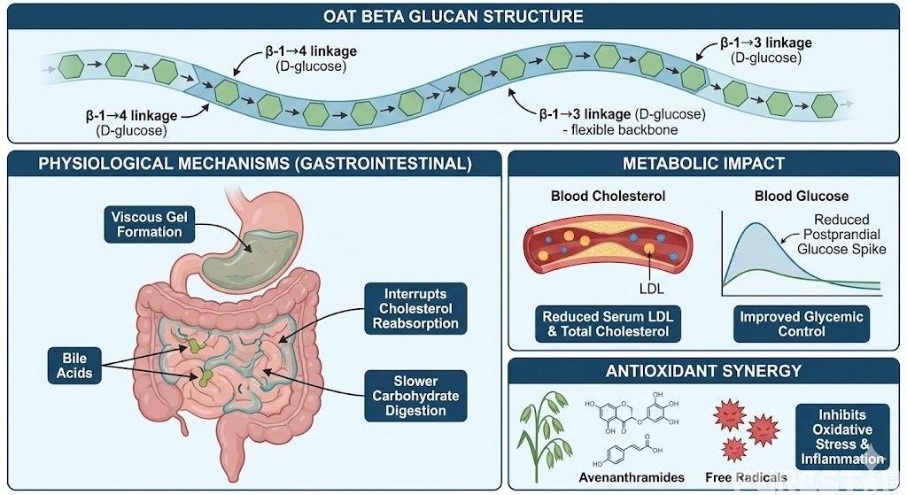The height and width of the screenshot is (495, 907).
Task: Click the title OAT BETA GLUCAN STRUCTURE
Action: pos(453,16)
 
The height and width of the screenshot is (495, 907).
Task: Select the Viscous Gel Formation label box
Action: pos(147,223)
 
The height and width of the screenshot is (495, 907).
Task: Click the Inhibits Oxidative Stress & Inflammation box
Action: pos(841,437)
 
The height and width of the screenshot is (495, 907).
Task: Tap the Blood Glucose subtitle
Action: pos(788,196)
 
